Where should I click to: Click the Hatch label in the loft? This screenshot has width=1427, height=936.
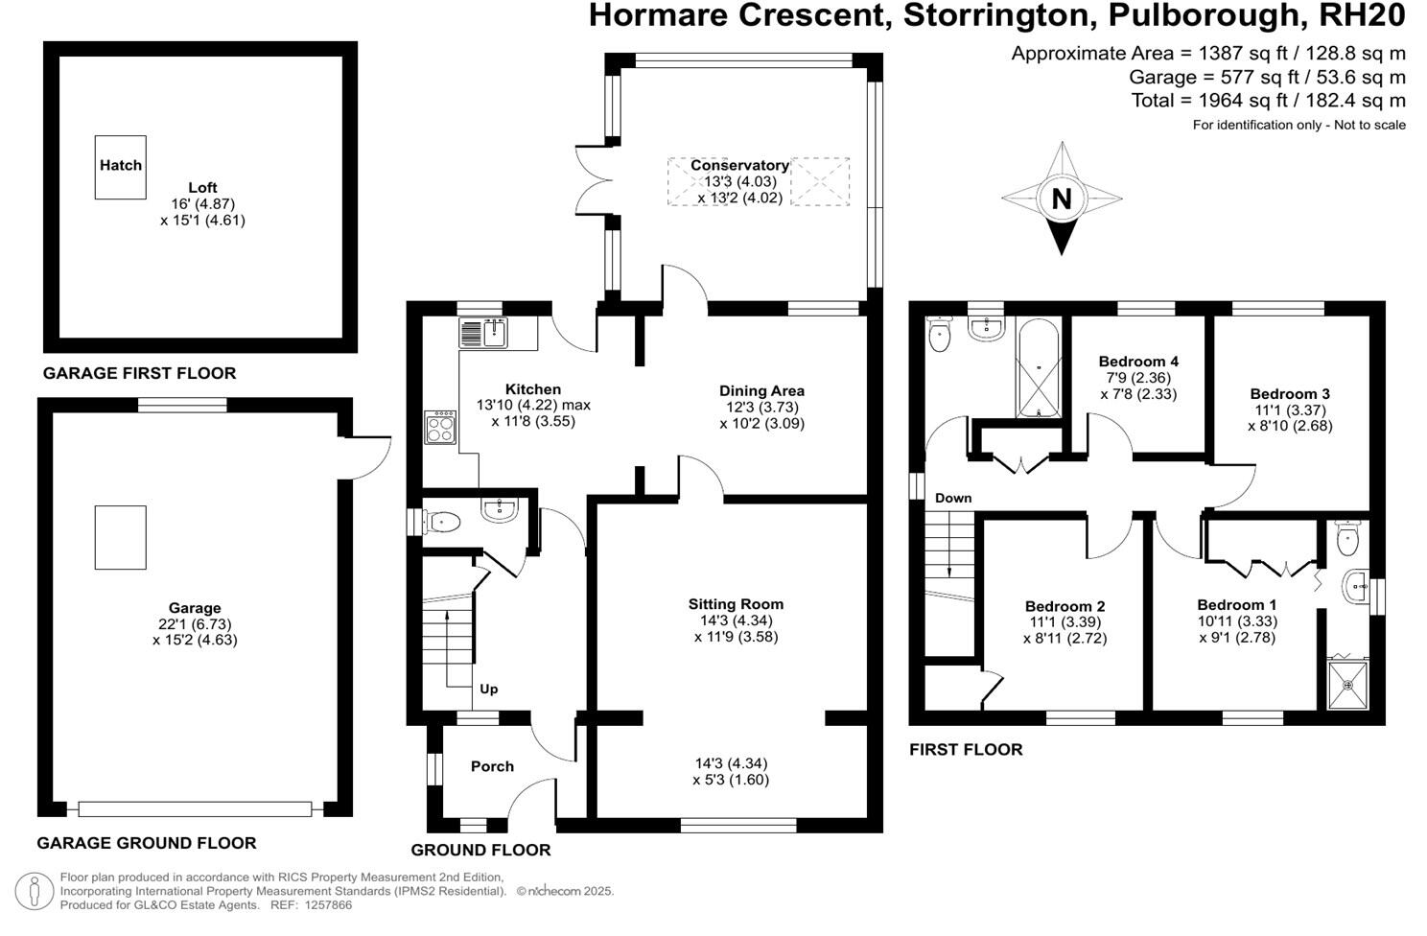point(121,165)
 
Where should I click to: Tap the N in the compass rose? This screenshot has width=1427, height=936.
point(1062,199)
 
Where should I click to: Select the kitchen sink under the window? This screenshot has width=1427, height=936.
point(483,333)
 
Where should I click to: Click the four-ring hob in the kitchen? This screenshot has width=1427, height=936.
point(440,427)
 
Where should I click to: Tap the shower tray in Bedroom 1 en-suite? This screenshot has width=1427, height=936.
point(1348,685)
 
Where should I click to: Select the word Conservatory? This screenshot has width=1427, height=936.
point(739,165)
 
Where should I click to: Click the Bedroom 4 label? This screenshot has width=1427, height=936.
point(1138,362)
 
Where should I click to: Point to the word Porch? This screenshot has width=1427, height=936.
point(492,766)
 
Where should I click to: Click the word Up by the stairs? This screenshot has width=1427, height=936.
point(489,689)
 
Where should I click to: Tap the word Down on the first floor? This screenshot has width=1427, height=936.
point(953,498)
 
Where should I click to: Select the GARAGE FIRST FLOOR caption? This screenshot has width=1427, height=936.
point(139,373)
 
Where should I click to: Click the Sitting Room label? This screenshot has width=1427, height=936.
point(736,604)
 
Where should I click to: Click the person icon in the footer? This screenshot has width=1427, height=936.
point(35,891)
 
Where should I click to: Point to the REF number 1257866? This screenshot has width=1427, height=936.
point(328,904)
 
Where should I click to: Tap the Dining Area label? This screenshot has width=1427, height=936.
point(761,390)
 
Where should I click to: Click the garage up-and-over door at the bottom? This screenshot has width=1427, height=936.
point(195,809)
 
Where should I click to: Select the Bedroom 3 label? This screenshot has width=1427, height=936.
point(1290,394)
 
